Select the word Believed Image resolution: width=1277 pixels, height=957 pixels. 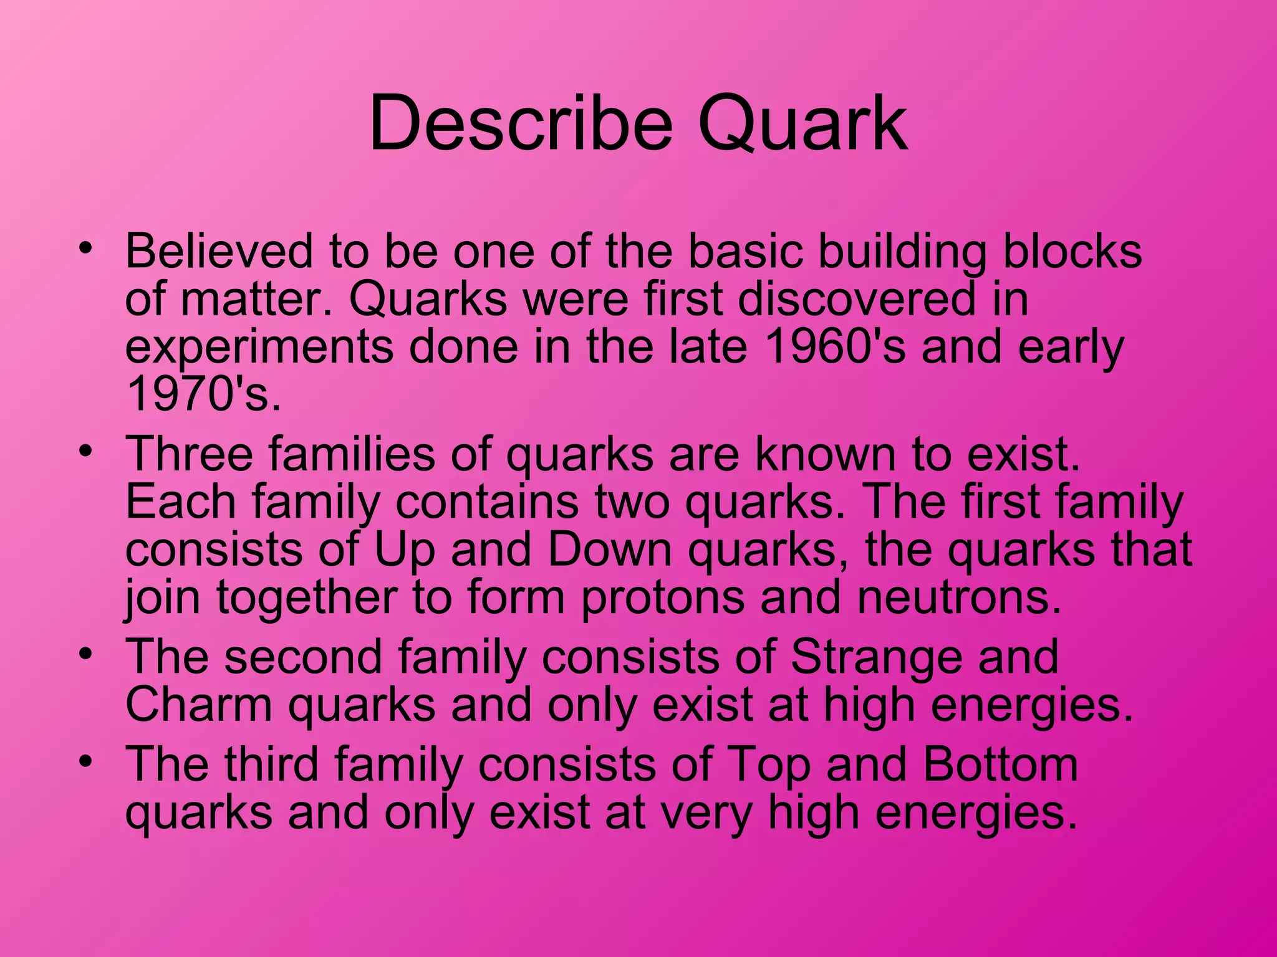(218, 251)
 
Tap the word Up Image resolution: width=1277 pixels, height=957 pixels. (403, 551)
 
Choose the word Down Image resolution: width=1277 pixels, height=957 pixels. (610, 550)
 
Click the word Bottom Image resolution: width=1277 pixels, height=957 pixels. (1000, 764)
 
